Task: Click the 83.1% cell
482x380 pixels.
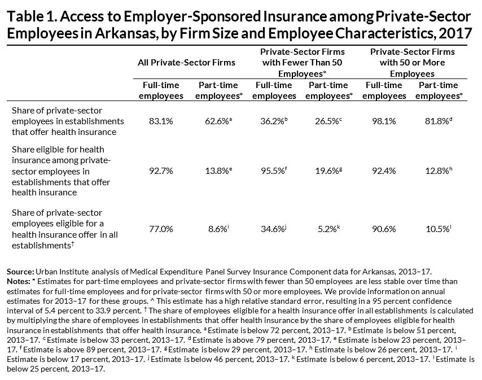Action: click(x=161, y=121)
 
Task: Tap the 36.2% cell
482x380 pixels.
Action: click(x=274, y=121)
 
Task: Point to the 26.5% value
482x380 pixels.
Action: click(x=328, y=121)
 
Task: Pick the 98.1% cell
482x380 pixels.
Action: click(x=384, y=121)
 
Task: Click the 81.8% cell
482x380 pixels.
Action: click(x=439, y=121)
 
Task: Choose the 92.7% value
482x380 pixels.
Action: click(x=161, y=171)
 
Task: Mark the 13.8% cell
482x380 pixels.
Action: click(x=218, y=171)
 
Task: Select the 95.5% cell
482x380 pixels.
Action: click(x=274, y=171)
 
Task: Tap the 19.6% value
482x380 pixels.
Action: click(x=328, y=171)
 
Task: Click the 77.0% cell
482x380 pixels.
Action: click(x=161, y=229)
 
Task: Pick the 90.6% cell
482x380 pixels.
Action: click(x=384, y=229)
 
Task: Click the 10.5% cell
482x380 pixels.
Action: click(x=439, y=229)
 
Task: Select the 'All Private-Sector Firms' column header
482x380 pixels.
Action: click(x=186, y=63)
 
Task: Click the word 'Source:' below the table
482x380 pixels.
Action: click(x=20, y=272)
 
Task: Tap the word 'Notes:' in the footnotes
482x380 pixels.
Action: click(x=19, y=281)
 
